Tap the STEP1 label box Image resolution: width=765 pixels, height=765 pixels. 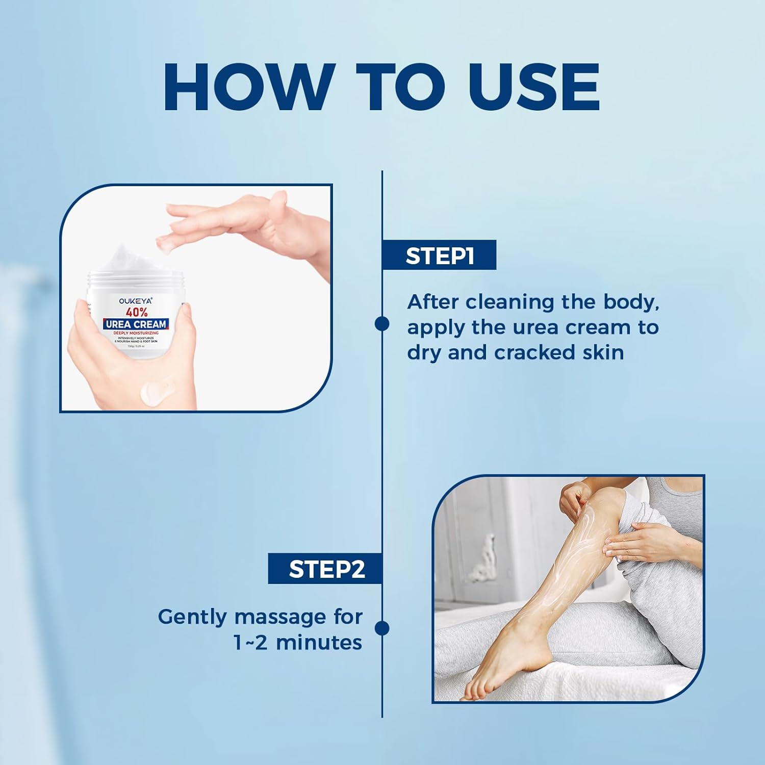click(439, 255)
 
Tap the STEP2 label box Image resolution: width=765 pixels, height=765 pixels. click(326, 569)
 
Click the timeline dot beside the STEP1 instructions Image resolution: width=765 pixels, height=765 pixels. click(382, 323)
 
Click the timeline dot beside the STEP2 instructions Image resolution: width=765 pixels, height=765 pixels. click(382, 628)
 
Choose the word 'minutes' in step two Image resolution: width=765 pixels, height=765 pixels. click(319, 643)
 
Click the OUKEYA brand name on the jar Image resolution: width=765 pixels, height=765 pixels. click(135, 300)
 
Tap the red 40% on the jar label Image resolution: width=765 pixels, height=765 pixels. click(136, 312)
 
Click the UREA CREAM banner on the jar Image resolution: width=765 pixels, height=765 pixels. click(136, 324)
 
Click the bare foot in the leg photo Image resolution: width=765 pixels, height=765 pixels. click(490, 673)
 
